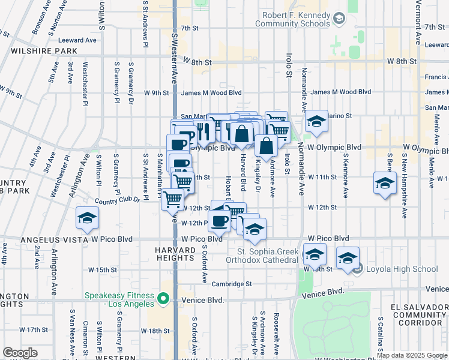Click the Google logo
click(20, 353)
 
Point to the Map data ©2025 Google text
click(412, 355)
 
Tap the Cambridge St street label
click(231, 284)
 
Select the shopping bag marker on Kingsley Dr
click(266, 145)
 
